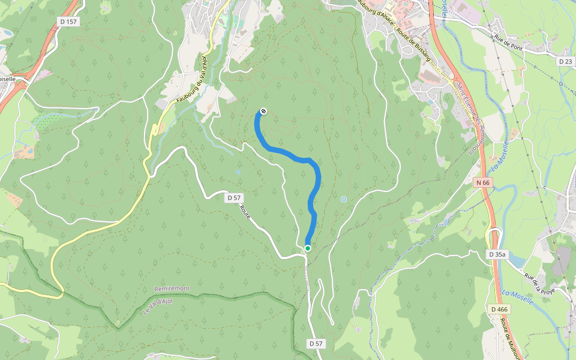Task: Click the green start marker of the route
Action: click(308, 248)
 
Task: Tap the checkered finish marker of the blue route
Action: click(263, 111)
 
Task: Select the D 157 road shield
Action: click(69, 22)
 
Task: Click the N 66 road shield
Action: click(482, 182)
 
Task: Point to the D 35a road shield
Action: click(497, 254)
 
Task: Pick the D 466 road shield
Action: click(499, 309)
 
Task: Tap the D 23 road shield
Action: click(565, 61)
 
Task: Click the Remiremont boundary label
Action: click(172, 289)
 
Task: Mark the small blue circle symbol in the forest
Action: click(344, 199)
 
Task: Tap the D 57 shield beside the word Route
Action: click(234, 197)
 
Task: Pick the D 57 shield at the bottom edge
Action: click(316, 344)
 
